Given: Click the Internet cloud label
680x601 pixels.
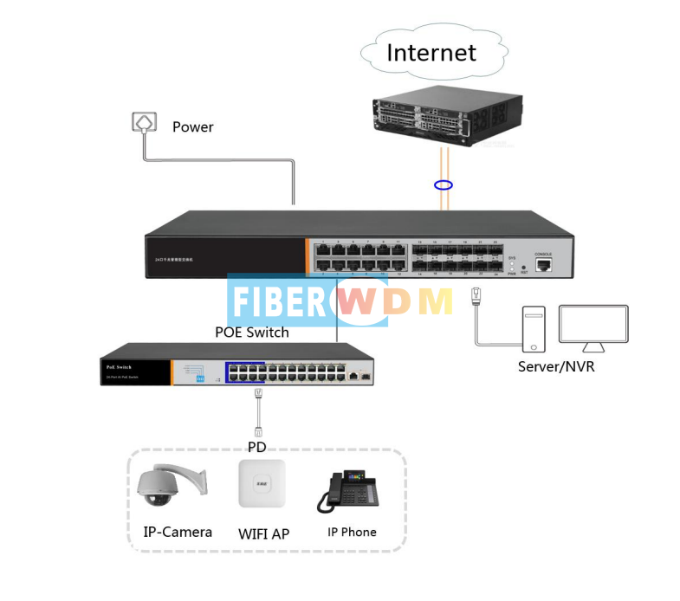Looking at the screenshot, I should point(431,53).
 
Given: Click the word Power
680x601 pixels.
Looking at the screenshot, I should point(192,127).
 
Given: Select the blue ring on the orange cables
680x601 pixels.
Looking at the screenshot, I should point(444,185).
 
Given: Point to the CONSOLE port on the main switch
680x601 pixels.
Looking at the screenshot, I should point(543,264).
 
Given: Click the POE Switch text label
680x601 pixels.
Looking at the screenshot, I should point(252,332).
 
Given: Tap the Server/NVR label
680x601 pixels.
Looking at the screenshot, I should point(556,366).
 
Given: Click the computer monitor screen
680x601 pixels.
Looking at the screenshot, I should point(593,324).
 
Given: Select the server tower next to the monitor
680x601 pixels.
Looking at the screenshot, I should point(534,328).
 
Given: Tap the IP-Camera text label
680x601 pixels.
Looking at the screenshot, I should point(178,532).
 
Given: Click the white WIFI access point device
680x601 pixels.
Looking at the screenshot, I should point(262,484).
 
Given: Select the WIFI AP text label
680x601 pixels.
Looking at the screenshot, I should point(263,533).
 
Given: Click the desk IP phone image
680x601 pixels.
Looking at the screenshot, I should point(351,491).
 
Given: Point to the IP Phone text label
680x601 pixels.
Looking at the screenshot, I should point(352,532).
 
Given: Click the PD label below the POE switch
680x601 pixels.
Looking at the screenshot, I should point(256,447).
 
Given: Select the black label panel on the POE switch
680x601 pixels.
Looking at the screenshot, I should point(134,372).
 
